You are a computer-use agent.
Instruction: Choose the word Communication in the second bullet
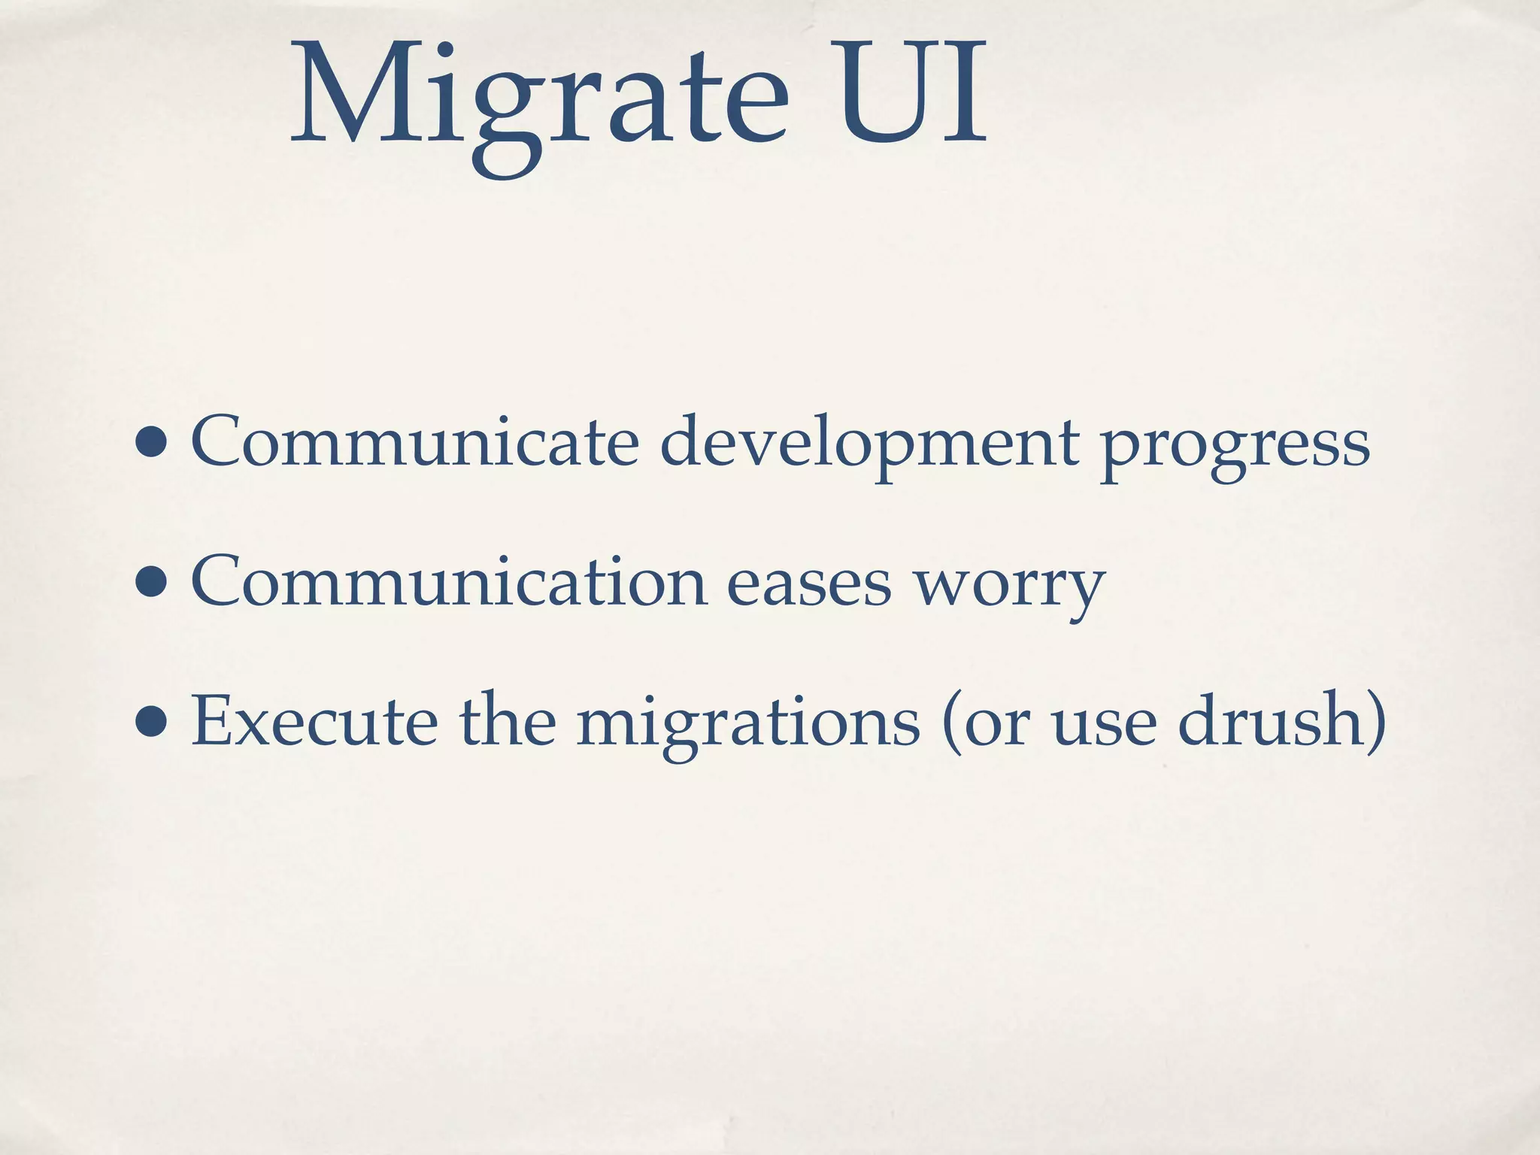click(448, 582)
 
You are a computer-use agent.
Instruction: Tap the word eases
click(808, 586)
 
